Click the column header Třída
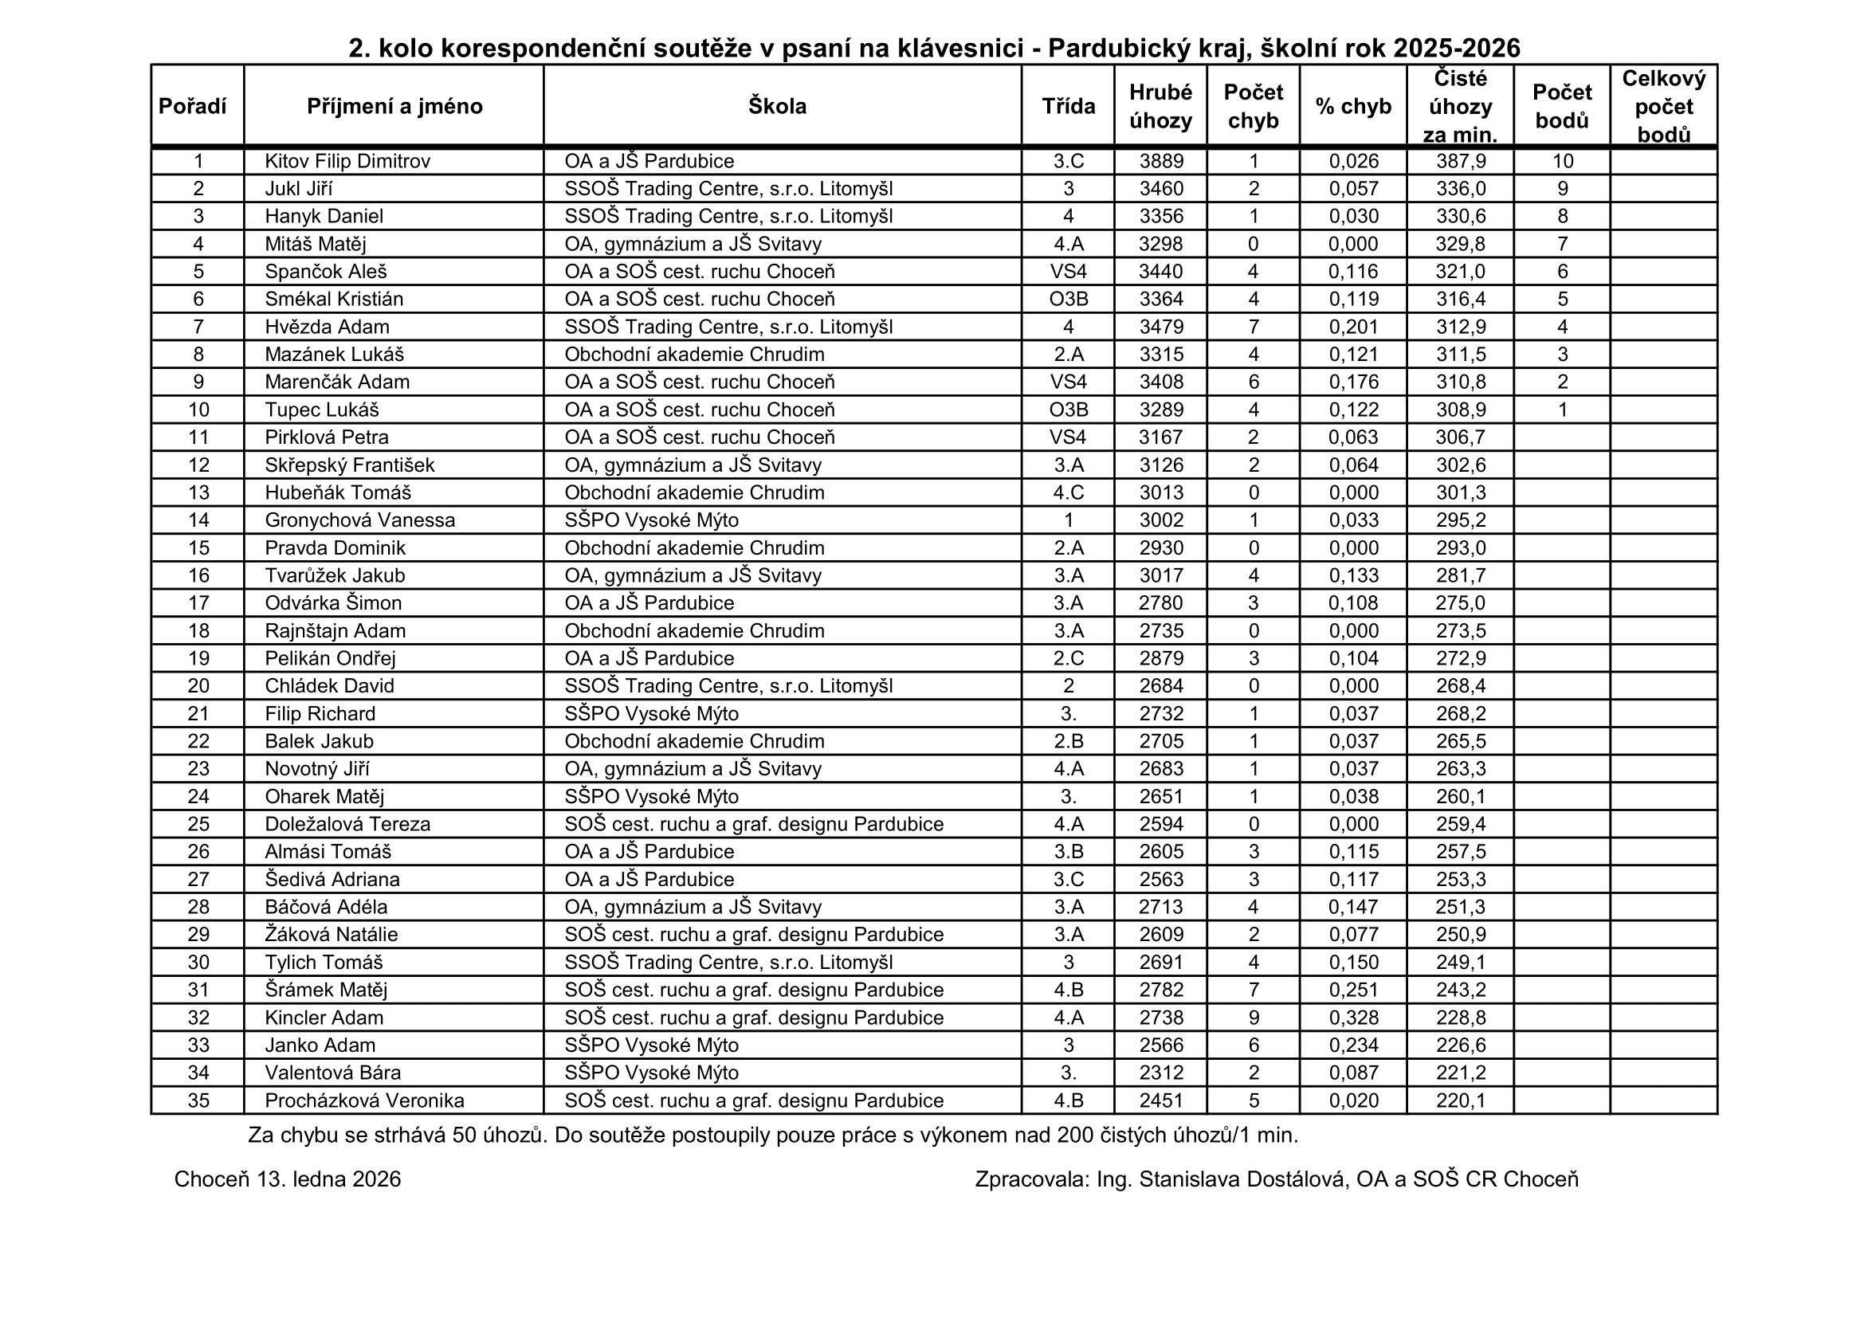pos(1069,106)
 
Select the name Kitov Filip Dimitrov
pos(347,162)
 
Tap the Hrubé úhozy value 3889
pos(1161,162)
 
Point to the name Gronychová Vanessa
pos(359,520)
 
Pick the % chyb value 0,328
pos(1353,1018)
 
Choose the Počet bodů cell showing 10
pos(1563,162)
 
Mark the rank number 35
pos(199,1100)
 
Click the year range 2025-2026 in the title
pos(1457,49)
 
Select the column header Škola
pos(777,106)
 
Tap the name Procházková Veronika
pos(364,1100)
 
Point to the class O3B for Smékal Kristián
pos(1069,300)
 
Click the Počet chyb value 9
pos(1254,1018)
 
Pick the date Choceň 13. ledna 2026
pos(288,1179)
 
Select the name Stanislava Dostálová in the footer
pos(1242,1179)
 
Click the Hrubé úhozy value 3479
pos(1161,327)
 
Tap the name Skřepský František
pos(350,465)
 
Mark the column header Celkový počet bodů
pos(1663,106)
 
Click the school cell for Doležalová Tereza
pos(754,825)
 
